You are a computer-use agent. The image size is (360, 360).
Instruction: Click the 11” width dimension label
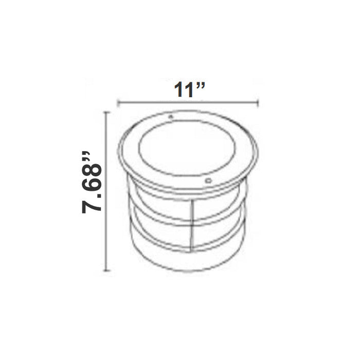pyautogui.click(x=189, y=89)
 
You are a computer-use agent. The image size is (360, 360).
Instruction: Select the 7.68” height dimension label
pyautogui.click(x=92, y=183)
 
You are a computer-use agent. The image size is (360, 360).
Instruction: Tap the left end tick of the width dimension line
pyautogui.click(x=118, y=103)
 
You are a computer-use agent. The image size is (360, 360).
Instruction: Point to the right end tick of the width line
pyautogui.click(x=258, y=103)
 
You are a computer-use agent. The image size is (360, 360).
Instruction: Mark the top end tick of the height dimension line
pyautogui.click(x=106, y=112)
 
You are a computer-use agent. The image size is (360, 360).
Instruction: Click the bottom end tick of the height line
pyautogui.click(x=106, y=271)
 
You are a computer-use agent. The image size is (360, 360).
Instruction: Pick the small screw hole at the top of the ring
pyautogui.click(x=170, y=117)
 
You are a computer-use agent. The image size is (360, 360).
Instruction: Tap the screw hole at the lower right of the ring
pyautogui.click(x=208, y=181)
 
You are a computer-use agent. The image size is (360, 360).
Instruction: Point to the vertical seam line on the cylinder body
pyautogui.click(x=192, y=226)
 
